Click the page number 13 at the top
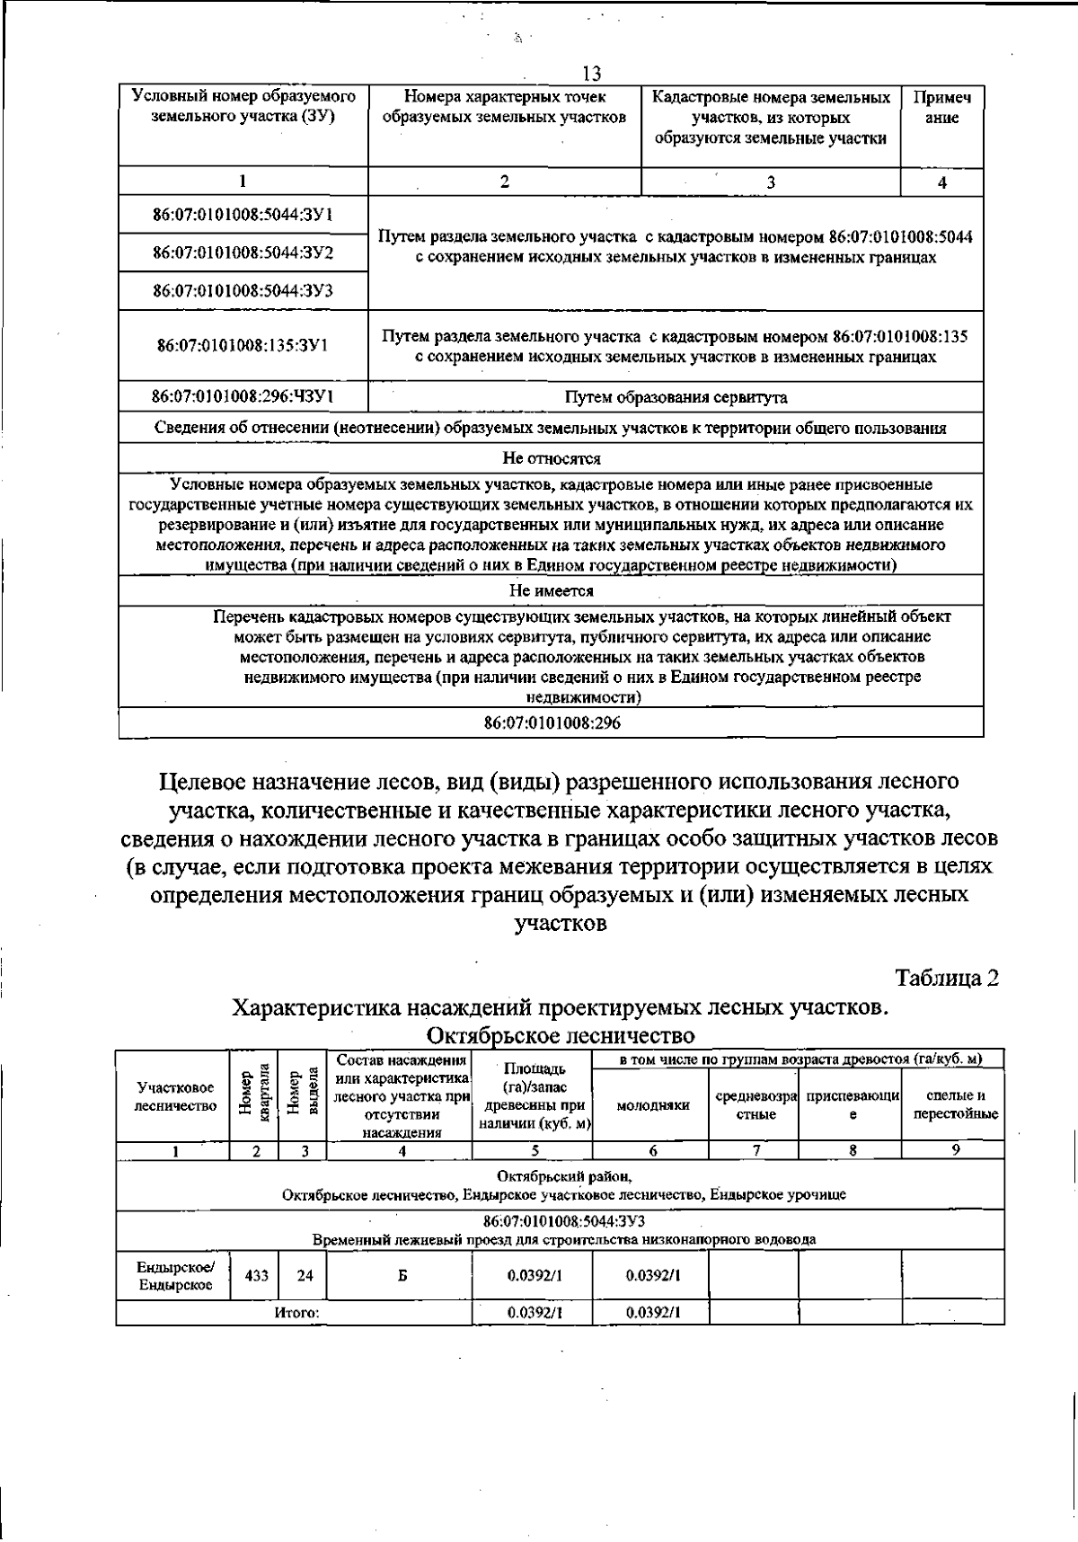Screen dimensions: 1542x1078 591,74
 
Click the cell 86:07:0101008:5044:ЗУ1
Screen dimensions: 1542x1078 243,215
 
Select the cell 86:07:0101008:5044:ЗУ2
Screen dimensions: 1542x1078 243,253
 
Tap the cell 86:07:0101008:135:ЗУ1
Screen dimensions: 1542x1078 243,345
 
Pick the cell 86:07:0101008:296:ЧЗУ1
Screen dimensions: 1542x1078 243,395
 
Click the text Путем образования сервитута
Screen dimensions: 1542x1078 676,397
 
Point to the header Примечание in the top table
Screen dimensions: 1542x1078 941,108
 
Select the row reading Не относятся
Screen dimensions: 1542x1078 551,458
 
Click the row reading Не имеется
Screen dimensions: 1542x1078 551,591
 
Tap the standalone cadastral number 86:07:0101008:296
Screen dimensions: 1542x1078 551,723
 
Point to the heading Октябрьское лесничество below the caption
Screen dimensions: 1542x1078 561,1035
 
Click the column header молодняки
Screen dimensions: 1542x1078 652,1105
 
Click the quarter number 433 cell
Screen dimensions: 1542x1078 256,1275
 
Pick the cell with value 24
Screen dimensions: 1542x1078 303,1275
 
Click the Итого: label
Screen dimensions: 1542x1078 296,1313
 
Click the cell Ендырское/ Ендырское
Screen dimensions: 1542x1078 174,1275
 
